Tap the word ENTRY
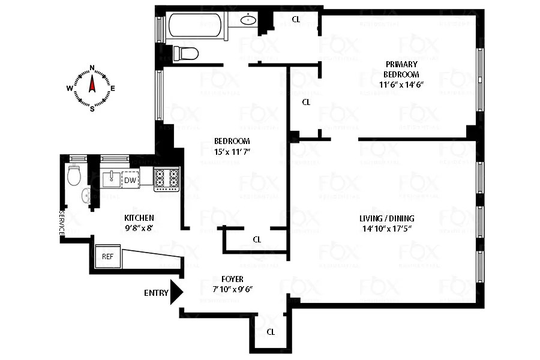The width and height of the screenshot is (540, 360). coord(156,293)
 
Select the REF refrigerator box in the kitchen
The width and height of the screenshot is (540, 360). coord(108,256)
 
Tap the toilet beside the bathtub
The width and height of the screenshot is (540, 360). coord(186,54)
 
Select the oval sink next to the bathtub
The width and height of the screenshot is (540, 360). coord(248,20)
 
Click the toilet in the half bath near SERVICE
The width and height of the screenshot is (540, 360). coord(75,176)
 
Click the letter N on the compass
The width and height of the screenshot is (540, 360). coord(92,68)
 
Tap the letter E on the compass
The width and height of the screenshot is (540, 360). coord(112,88)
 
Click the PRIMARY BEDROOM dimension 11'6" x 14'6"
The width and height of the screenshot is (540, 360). coord(401,85)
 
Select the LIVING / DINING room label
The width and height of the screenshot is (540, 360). coord(388,218)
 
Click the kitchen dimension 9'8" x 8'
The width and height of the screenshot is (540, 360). coord(139,228)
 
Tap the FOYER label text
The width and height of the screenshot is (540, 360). coord(232,278)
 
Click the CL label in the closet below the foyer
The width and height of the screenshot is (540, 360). coord(271,332)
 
